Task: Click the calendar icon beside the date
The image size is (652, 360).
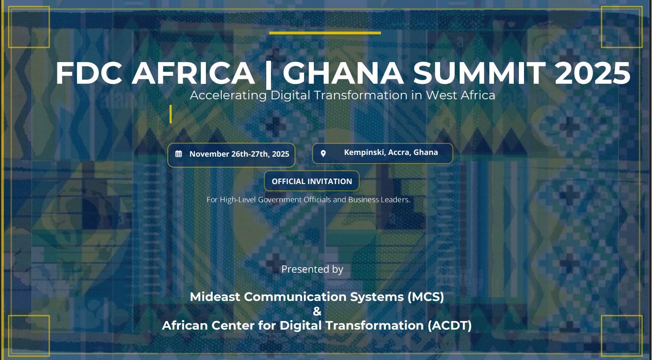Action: coord(179,154)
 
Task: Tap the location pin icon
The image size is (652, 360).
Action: coord(323,153)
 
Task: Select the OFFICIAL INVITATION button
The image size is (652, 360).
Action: coord(312,181)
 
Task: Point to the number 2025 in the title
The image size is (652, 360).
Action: coord(592,73)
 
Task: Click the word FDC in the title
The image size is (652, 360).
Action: coord(89,73)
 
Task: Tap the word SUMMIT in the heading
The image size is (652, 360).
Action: coord(479,73)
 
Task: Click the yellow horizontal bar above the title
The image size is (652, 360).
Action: coord(325,33)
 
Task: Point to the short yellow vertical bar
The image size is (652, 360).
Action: coord(170,114)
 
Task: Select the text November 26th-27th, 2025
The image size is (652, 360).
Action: coord(239,154)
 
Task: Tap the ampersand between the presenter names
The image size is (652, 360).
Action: coord(317,311)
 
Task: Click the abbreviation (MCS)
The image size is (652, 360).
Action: coord(426,297)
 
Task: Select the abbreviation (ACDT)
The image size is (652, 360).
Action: coord(450,325)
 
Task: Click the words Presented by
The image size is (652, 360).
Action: coord(312,269)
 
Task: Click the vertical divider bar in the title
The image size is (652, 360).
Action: coord(268,73)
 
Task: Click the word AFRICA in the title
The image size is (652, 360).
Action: coord(193,73)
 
